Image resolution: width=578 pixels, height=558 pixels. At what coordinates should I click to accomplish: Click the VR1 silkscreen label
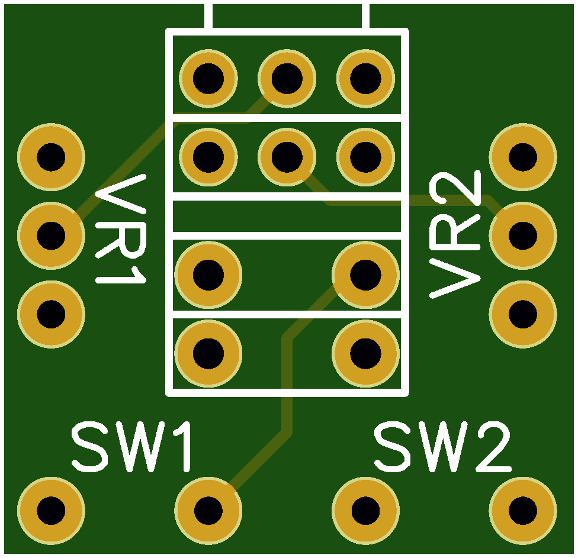[x=121, y=229]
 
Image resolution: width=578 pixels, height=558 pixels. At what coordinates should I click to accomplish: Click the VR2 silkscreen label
[x=455, y=234]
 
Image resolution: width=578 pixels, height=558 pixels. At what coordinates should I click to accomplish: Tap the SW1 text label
[x=131, y=447]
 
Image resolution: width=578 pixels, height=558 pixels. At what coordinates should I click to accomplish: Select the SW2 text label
[x=442, y=447]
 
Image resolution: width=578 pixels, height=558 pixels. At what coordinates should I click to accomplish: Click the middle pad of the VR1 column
[x=52, y=236]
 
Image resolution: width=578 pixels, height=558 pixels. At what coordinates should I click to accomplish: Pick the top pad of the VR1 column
[x=52, y=157]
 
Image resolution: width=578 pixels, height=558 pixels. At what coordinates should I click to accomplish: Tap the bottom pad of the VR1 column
[x=52, y=314]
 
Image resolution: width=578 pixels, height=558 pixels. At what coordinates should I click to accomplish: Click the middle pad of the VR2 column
[x=523, y=236]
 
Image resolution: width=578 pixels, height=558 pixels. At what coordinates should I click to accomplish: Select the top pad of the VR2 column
[x=523, y=157]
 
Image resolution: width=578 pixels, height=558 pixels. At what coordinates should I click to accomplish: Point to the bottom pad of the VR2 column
[x=523, y=314]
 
